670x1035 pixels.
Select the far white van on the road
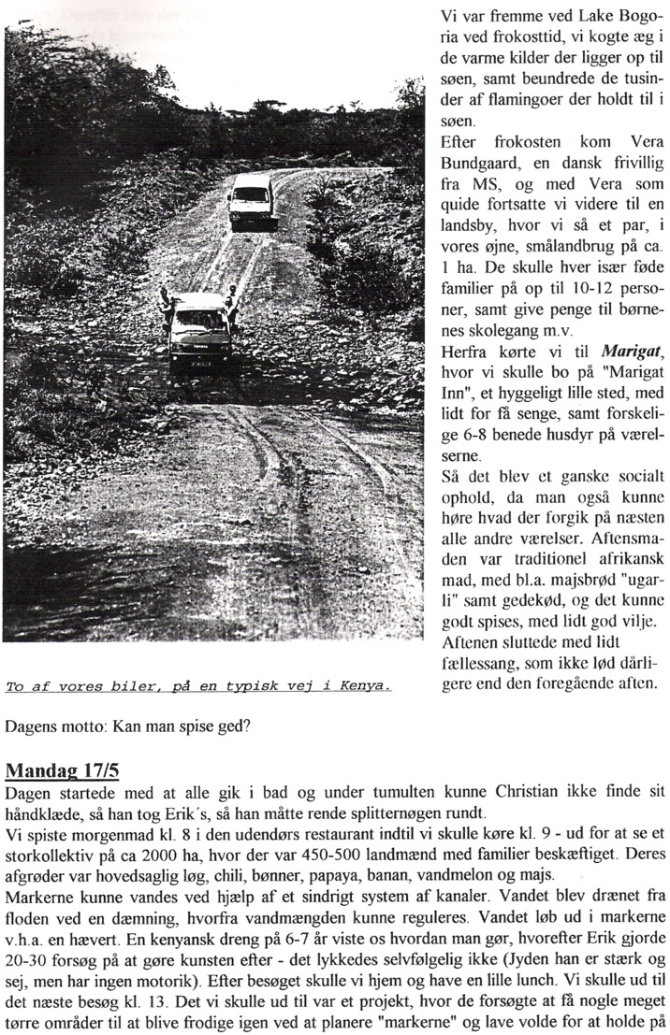[x=251, y=200]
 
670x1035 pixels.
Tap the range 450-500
[x=322, y=855]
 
